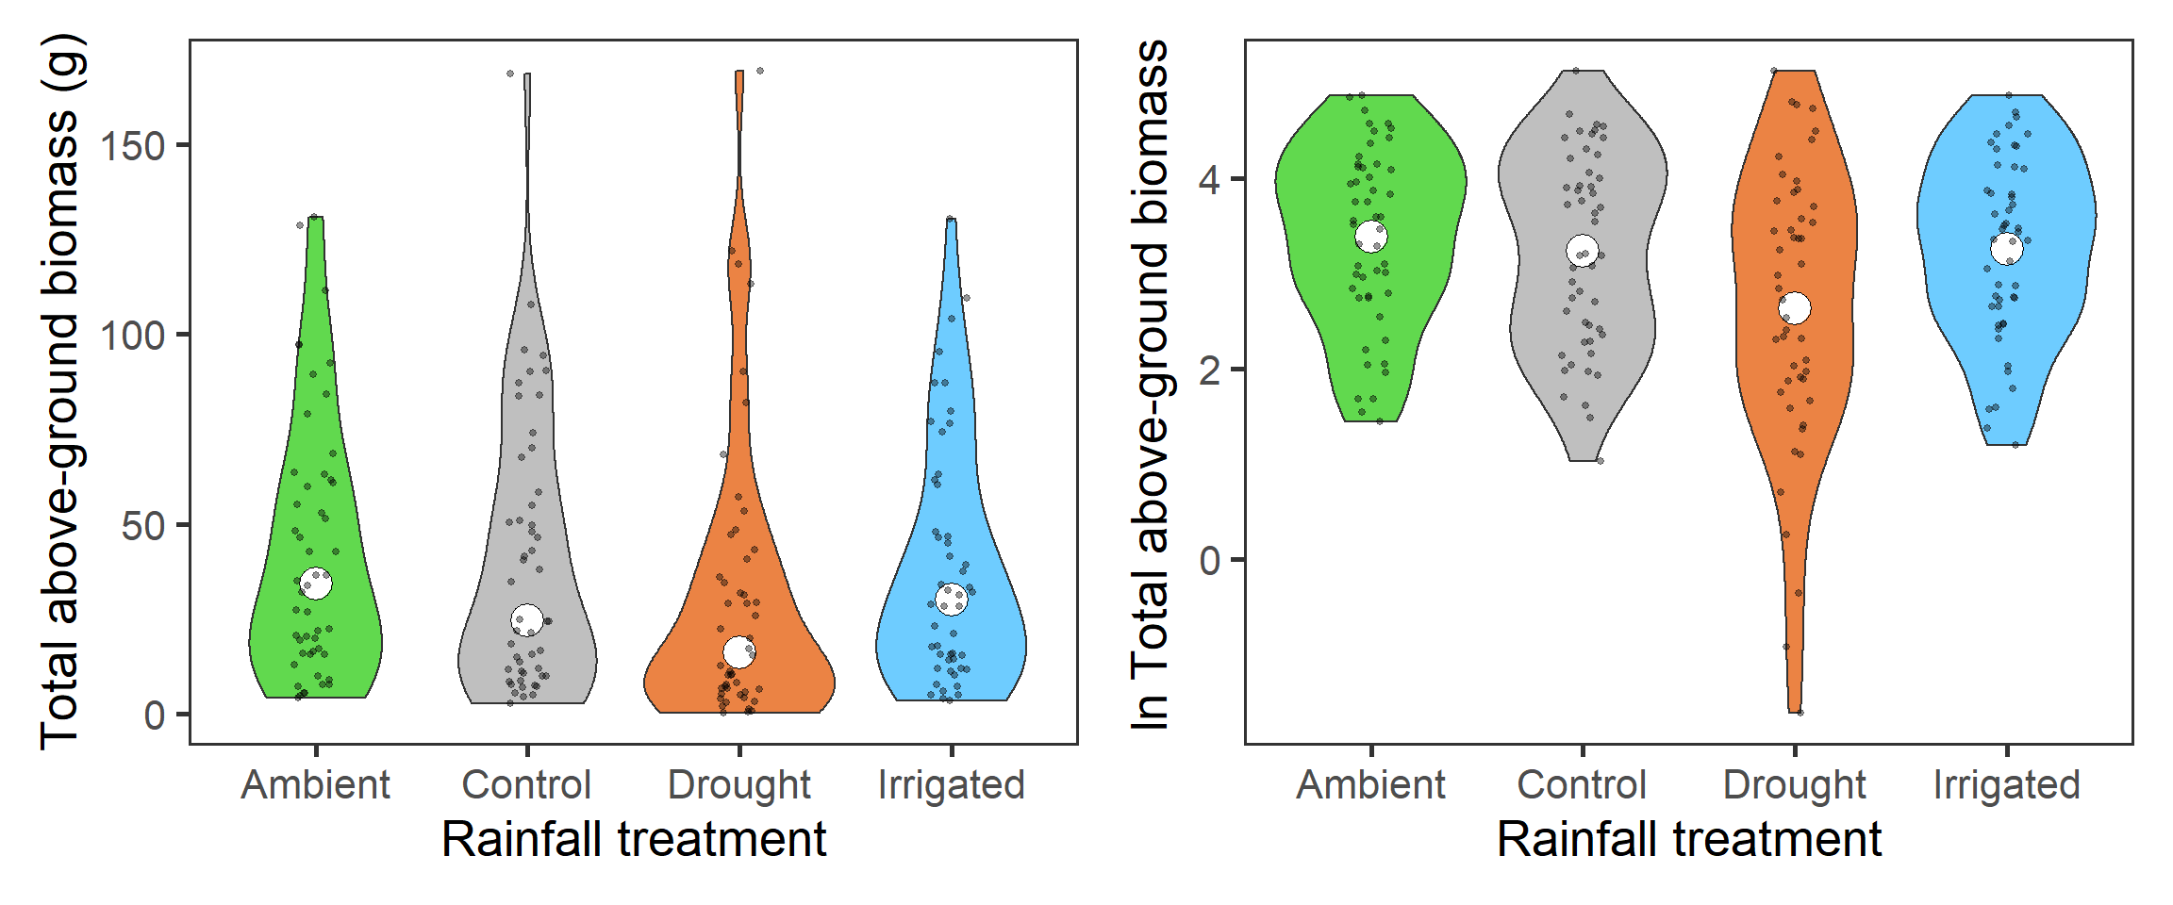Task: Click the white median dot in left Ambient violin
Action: (x=316, y=584)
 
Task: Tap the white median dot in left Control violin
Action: (x=527, y=620)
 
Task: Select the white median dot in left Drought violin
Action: (x=739, y=651)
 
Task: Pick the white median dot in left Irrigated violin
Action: (x=952, y=599)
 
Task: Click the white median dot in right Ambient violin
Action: (x=1371, y=237)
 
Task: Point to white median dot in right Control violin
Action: (x=1583, y=251)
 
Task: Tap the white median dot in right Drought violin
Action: (x=1795, y=307)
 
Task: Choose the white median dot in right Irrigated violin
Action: (x=2007, y=249)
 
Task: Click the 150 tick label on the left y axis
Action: (x=133, y=146)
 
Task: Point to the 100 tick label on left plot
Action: (x=133, y=336)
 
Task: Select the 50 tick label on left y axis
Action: (x=143, y=526)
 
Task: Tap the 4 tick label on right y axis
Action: (x=1209, y=179)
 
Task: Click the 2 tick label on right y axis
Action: (x=1209, y=370)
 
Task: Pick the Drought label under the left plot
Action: (x=739, y=784)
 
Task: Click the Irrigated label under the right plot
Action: (x=2007, y=784)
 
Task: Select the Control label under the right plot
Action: (x=1582, y=784)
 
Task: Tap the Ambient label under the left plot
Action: (x=315, y=784)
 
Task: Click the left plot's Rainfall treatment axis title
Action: (x=634, y=839)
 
